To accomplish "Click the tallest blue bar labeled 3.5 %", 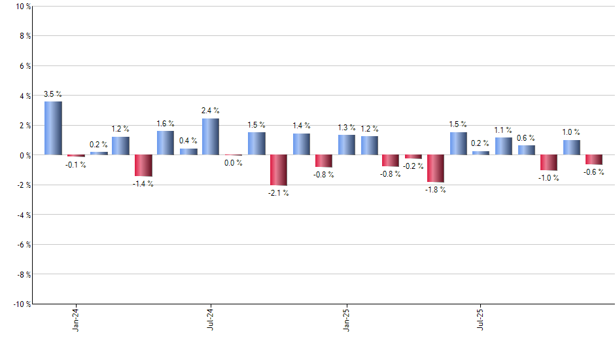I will click(53, 128).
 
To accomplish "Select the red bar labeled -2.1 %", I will click(278, 170).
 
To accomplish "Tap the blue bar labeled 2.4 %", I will click(211, 137).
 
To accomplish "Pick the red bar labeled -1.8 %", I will click(436, 168).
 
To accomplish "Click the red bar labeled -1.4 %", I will click(143, 166).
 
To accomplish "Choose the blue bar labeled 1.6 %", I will click(166, 143).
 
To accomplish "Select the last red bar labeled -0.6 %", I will click(593, 160).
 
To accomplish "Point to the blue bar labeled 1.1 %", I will click(503, 146).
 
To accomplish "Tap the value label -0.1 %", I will click(76, 165).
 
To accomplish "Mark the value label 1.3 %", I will click(347, 128).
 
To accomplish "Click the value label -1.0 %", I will click(549, 179).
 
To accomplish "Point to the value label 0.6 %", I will click(526, 138).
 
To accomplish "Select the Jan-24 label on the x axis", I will click(76, 319).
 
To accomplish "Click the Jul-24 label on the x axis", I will click(211, 319).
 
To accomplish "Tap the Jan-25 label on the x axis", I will click(346, 319).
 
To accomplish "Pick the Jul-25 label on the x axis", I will click(481, 319).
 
